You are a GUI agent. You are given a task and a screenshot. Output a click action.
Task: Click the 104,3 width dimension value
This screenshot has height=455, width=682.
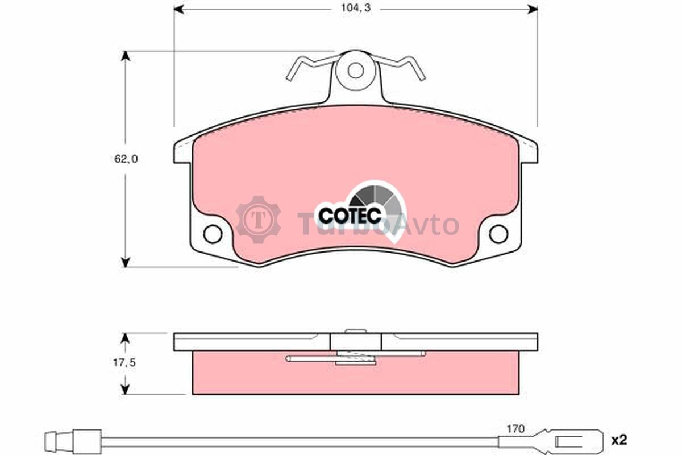[x=356, y=8]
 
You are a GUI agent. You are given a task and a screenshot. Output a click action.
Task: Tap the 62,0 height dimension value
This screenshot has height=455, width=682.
[x=126, y=159]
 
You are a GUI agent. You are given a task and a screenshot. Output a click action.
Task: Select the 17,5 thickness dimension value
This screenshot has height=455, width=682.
[x=124, y=363]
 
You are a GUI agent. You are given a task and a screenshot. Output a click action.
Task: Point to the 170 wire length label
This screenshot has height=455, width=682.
[x=515, y=429]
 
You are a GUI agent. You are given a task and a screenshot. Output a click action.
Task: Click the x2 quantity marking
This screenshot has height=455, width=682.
[x=619, y=440]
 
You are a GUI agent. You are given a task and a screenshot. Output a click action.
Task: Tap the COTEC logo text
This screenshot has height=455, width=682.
[x=350, y=216]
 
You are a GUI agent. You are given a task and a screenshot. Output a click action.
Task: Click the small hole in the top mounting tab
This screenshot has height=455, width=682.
[x=356, y=71]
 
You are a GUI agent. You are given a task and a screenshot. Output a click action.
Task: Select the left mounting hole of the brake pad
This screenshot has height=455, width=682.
[x=213, y=234]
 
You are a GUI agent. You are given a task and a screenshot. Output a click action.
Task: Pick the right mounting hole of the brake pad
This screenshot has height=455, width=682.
[x=498, y=234]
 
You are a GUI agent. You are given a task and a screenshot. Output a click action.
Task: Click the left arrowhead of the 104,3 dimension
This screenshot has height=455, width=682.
[x=179, y=10]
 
